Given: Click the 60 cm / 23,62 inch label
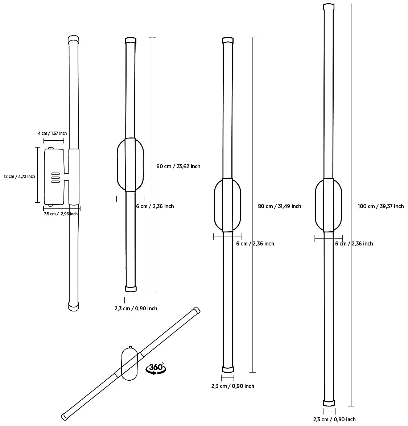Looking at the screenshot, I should (178, 166).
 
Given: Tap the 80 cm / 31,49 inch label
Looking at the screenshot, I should (279, 206).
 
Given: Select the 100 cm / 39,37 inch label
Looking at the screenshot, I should (380, 206).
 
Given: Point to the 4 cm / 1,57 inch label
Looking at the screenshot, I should (52, 133).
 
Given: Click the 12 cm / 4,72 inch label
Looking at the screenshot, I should (20, 177).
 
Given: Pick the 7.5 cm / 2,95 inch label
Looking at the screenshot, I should (61, 214).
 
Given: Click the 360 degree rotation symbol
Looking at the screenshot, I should (156, 368).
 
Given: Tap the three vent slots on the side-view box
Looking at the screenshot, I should (55, 177).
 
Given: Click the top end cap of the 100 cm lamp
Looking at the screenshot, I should (329, 7).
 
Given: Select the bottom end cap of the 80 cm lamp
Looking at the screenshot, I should (228, 369).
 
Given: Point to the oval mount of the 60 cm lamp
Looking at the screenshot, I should (130, 165).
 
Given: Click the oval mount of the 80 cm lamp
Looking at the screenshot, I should (227, 205).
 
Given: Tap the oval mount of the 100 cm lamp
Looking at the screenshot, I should (328, 205).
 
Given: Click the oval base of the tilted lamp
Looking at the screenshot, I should (129, 363).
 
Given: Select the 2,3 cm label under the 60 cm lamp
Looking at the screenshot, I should (136, 309).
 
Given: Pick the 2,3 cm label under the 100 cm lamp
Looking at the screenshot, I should (334, 419).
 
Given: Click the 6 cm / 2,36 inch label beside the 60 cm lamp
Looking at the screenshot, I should (155, 206).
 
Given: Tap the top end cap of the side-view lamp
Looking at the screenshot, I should (73, 39).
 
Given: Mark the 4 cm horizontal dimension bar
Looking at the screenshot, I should (54, 141).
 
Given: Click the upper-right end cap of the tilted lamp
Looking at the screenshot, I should (197, 310).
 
